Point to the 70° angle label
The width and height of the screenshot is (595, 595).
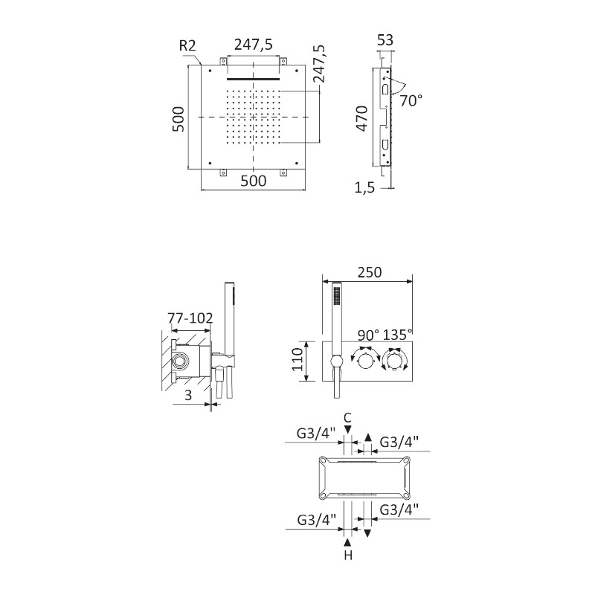tap(411, 100)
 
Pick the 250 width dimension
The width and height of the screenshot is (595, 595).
tap(368, 272)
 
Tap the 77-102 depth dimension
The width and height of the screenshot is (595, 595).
tap(190, 318)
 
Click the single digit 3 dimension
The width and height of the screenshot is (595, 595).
tap(188, 396)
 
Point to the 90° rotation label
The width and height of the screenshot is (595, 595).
tap(367, 335)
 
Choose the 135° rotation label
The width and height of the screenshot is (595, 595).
tap(397, 335)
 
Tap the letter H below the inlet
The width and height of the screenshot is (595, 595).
tap(347, 555)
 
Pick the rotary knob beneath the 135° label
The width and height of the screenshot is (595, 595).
tap(393, 362)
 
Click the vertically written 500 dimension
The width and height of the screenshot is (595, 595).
tap(177, 118)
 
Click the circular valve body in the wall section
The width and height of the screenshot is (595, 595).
tap(180, 363)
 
